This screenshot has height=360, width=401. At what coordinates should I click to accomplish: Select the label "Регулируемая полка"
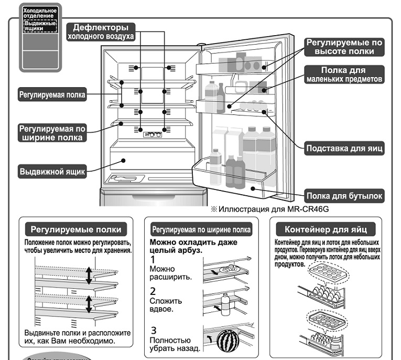(x=52, y=95)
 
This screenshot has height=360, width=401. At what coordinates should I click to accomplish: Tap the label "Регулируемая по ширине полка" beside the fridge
(x=51, y=132)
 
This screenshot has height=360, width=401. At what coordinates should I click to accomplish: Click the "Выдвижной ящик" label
(x=52, y=172)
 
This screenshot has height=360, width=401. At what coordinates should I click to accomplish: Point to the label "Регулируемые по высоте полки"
(x=344, y=47)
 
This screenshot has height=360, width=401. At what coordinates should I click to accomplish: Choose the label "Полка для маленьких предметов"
(x=343, y=75)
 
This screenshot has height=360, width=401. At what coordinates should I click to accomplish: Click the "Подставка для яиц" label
(x=344, y=148)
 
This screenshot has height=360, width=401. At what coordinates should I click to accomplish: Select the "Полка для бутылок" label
(x=344, y=197)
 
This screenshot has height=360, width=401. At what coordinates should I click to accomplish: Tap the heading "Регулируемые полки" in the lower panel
(x=76, y=230)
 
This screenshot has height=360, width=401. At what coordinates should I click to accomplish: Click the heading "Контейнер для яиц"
(x=329, y=230)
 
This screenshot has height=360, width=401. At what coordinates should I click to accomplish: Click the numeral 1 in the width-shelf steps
(x=153, y=259)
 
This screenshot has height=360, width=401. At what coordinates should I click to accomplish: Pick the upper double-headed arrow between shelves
(x=89, y=274)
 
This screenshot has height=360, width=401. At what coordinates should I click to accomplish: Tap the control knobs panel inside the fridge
(x=152, y=135)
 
